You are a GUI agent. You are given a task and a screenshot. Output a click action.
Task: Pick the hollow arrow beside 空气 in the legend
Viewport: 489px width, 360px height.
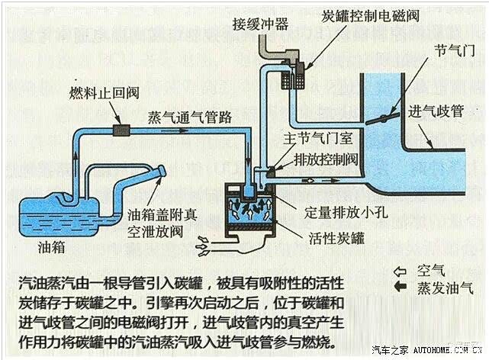397,271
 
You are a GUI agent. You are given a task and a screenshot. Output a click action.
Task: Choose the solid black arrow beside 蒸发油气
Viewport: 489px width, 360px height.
397,288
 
